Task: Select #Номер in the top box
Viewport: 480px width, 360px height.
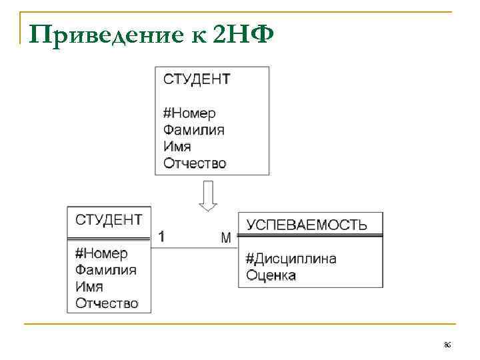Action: (x=189, y=113)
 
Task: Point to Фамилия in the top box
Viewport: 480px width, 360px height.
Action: (x=194, y=130)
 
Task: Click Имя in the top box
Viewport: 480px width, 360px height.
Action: (x=177, y=147)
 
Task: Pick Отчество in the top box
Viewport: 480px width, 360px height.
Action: (x=195, y=163)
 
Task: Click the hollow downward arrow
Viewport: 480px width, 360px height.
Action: (x=208, y=197)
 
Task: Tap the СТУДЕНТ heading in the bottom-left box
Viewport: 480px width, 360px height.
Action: (x=109, y=220)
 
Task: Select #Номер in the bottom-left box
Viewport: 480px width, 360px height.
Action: (x=101, y=253)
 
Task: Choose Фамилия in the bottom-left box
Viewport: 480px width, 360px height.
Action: (x=106, y=270)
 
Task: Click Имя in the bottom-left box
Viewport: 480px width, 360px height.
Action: (x=89, y=287)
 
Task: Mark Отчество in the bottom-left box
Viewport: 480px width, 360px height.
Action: (x=107, y=303)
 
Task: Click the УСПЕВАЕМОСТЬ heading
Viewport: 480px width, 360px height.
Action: (x=307, y=225)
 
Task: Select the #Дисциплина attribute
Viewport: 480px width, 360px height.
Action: (x=291, y=259)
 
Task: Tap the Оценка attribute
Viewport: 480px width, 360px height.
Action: (x=271, y=275)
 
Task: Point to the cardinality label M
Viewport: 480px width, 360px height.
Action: (x=226, y=237)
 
